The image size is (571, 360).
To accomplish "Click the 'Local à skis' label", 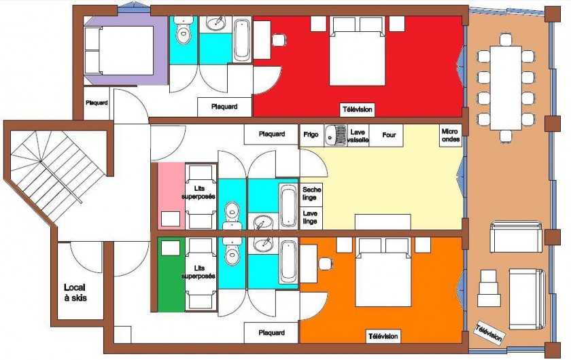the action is pos(75,293).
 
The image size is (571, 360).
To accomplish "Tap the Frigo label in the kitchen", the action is pos(311,134).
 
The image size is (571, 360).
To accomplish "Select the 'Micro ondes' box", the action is pos(451,135).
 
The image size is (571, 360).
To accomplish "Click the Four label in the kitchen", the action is pos(389,134).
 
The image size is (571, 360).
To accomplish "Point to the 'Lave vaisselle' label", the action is pos(358,136).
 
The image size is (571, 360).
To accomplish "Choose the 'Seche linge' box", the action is pos(311,194).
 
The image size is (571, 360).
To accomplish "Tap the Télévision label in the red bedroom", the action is pos(358,109).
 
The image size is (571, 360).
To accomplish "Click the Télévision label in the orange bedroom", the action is pos(383,336).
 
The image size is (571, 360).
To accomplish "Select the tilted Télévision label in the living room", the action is pos(489,333).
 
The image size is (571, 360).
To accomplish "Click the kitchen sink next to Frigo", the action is pos(335,135).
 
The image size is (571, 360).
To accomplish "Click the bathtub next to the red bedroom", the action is pos(242,40).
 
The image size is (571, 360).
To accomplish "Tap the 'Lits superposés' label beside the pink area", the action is pos(198,192).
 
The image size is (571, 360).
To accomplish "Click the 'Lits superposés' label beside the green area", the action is pos(198,272).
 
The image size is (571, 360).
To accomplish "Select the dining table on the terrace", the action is pos(506,88).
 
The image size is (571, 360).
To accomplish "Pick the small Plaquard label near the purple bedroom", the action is pos(97,103).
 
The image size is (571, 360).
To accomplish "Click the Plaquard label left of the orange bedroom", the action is pos(272,333).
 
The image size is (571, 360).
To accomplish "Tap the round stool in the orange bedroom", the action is pos(325,264).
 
